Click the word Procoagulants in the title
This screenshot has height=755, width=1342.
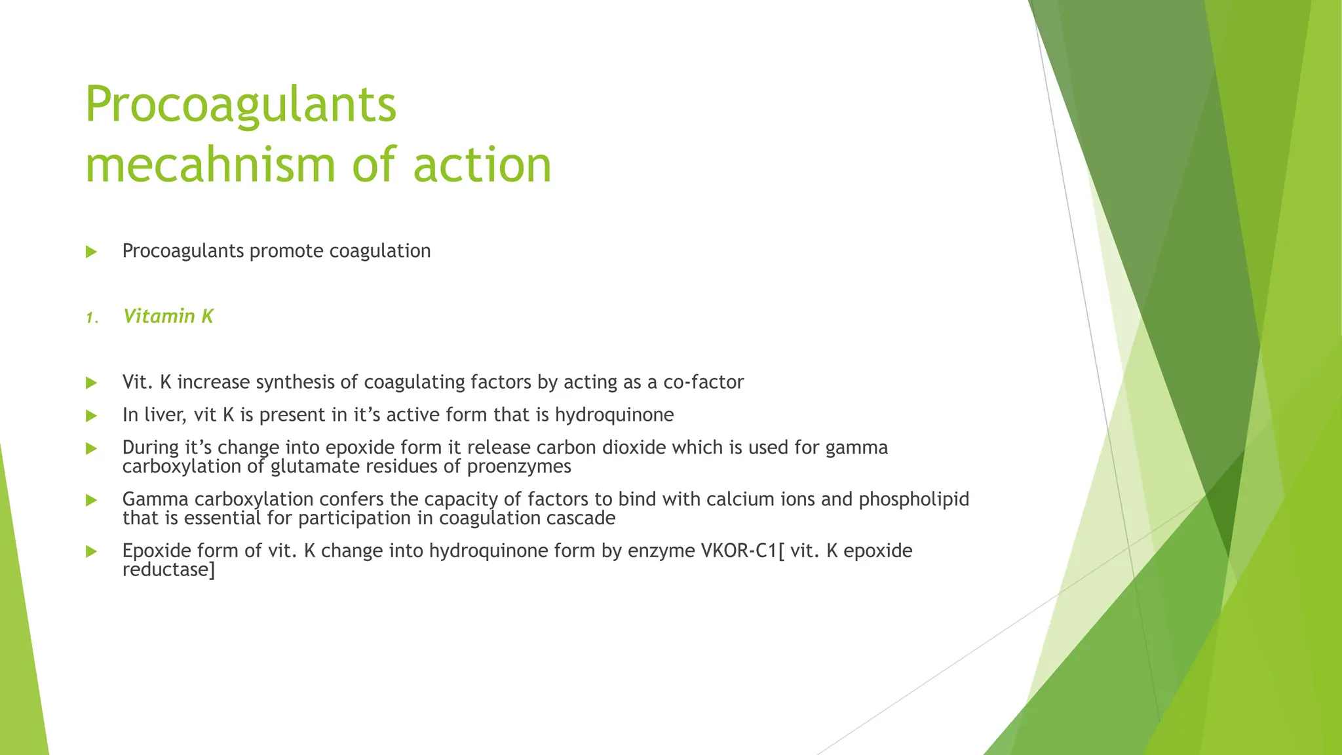point(240,105)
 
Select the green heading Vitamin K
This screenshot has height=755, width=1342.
point(168,317)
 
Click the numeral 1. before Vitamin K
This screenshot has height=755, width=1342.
point(92,319)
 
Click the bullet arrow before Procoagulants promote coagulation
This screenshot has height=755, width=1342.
point(91,252)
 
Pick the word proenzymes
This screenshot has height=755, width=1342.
point(519,467)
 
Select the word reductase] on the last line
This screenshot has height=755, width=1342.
point(168,570)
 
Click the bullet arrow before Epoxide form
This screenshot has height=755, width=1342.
point(91,552)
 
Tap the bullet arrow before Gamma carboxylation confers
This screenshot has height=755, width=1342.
point(91,501)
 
